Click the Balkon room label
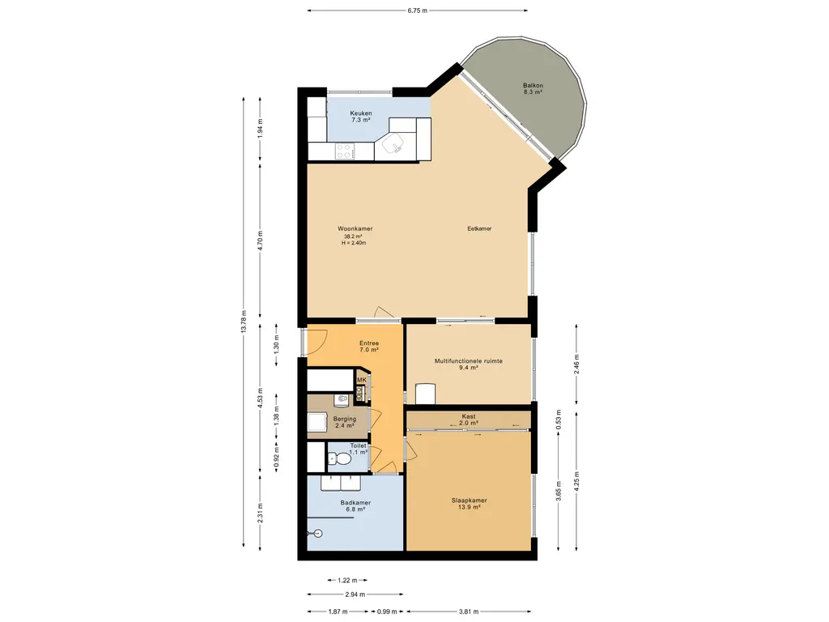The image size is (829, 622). [533, 85]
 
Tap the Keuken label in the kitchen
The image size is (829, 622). [360, 113]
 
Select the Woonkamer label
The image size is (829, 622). [355, 228]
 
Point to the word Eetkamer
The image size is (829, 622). [479, 228]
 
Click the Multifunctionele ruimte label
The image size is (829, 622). [469, 361]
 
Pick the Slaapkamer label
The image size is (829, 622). [469, 501]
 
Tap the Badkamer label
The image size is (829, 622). [355, 502]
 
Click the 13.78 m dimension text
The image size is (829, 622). [244, 321]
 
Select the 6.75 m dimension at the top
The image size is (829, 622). [417, 10]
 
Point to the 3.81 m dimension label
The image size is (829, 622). [469, 612]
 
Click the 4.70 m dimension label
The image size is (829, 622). [260, 240]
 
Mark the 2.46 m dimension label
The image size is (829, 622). [576, 364]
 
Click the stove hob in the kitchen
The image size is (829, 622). [345, 151]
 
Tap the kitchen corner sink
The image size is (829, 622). [393, 142]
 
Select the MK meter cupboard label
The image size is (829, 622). [362, 380]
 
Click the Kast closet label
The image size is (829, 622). [469, 416]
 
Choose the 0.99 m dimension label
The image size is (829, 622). [387, 612]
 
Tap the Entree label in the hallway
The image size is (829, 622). [369, 343]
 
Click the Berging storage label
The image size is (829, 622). [345, 419]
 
